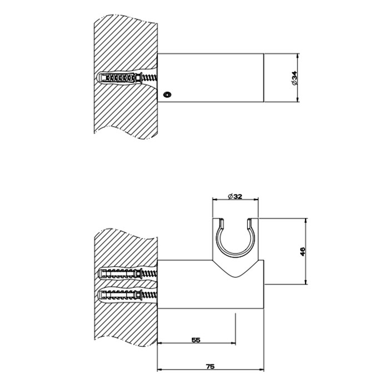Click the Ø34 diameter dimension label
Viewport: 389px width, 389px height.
(295, 78)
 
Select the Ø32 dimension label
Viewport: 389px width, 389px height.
(235, 197)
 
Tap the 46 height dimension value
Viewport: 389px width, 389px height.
(303, 252)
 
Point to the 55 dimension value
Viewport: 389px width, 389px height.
(196, 340)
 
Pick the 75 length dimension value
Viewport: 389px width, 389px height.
(210, 366)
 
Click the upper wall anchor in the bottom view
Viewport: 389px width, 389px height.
(128, 273)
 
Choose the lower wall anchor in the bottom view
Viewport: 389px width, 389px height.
(128, 295)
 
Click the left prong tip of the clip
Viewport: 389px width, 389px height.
(222, 220)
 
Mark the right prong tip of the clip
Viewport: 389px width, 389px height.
(250, 220)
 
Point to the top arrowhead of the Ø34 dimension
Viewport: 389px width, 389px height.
(297, 56)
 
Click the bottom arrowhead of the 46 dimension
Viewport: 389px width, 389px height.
(306, 282)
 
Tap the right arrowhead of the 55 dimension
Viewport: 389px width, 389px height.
(233, 343)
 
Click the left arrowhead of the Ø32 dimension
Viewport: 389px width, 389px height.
(215, 199)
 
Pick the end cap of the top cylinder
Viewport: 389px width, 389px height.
(263, 78)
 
